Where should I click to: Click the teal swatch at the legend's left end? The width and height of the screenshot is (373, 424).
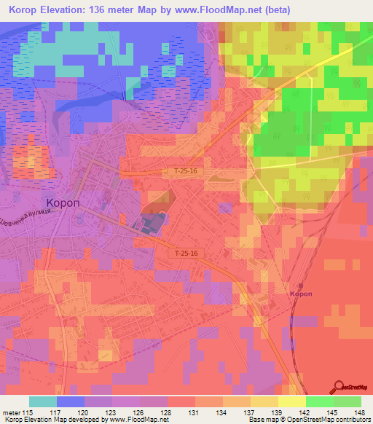point(42,401)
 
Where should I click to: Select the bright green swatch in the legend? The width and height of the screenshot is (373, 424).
point(319,401)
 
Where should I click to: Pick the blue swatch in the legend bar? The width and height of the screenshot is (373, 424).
point(71,401)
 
